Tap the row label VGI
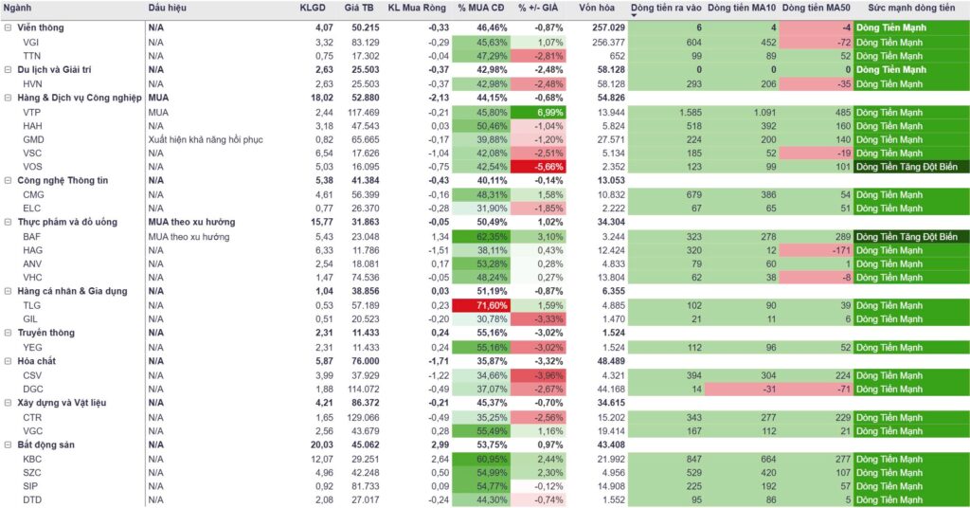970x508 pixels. pos(31,42)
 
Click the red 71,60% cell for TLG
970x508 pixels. pos(482,305)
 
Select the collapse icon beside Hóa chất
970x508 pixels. pos(9,361)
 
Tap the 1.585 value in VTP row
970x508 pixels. pos(690,112)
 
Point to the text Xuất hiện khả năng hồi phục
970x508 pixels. pos(206,139)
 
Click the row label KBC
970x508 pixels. pos(32,458)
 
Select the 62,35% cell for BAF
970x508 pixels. pos(482,236)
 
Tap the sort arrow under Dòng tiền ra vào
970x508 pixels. pos(634,14)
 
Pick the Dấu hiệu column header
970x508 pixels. pos(168,8)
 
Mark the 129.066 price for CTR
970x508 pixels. pos(362,416)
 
